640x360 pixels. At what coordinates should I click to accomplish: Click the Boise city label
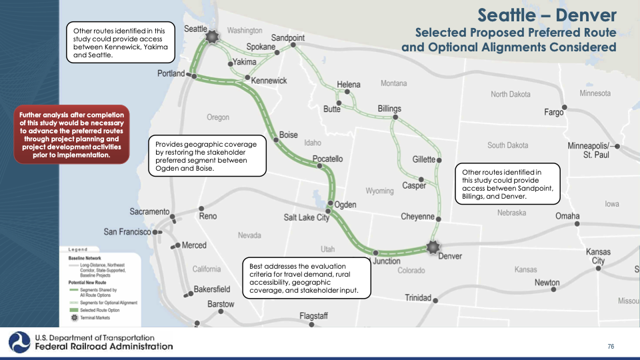coord(289,135)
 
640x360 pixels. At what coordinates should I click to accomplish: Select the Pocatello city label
coord(327,159)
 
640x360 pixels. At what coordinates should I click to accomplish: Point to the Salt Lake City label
coord(307,217)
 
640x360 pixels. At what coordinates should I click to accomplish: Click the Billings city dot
coord(395,118)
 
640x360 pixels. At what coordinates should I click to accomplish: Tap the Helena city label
coord(348,85)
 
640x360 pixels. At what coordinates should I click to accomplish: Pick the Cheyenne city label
coord(418,217)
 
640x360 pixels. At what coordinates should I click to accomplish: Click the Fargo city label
coord(553,113)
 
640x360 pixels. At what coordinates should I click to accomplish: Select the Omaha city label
coord(567,216)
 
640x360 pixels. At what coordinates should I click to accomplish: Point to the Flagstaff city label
coord(313,315)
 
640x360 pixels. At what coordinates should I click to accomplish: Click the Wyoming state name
coord(379,191)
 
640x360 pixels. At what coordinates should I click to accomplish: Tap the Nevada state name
coord(249,235)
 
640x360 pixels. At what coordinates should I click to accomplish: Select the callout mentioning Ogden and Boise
coord(205,156)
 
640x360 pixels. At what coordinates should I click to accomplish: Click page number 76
coord(611,346)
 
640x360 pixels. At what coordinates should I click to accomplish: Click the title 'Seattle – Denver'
coord(547,15)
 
